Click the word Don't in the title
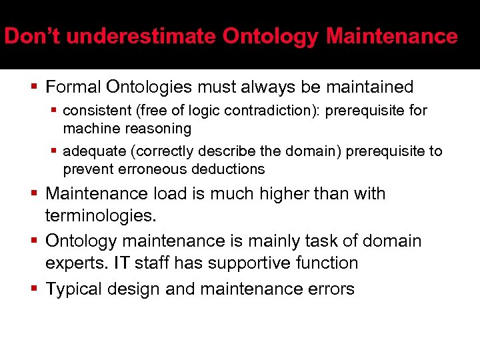pos(33,36)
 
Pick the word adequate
pos(93,151)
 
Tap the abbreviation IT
pos(122,263)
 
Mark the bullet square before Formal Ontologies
pos(35,87)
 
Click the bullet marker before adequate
pos(56,151)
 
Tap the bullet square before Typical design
pos(35,289)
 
